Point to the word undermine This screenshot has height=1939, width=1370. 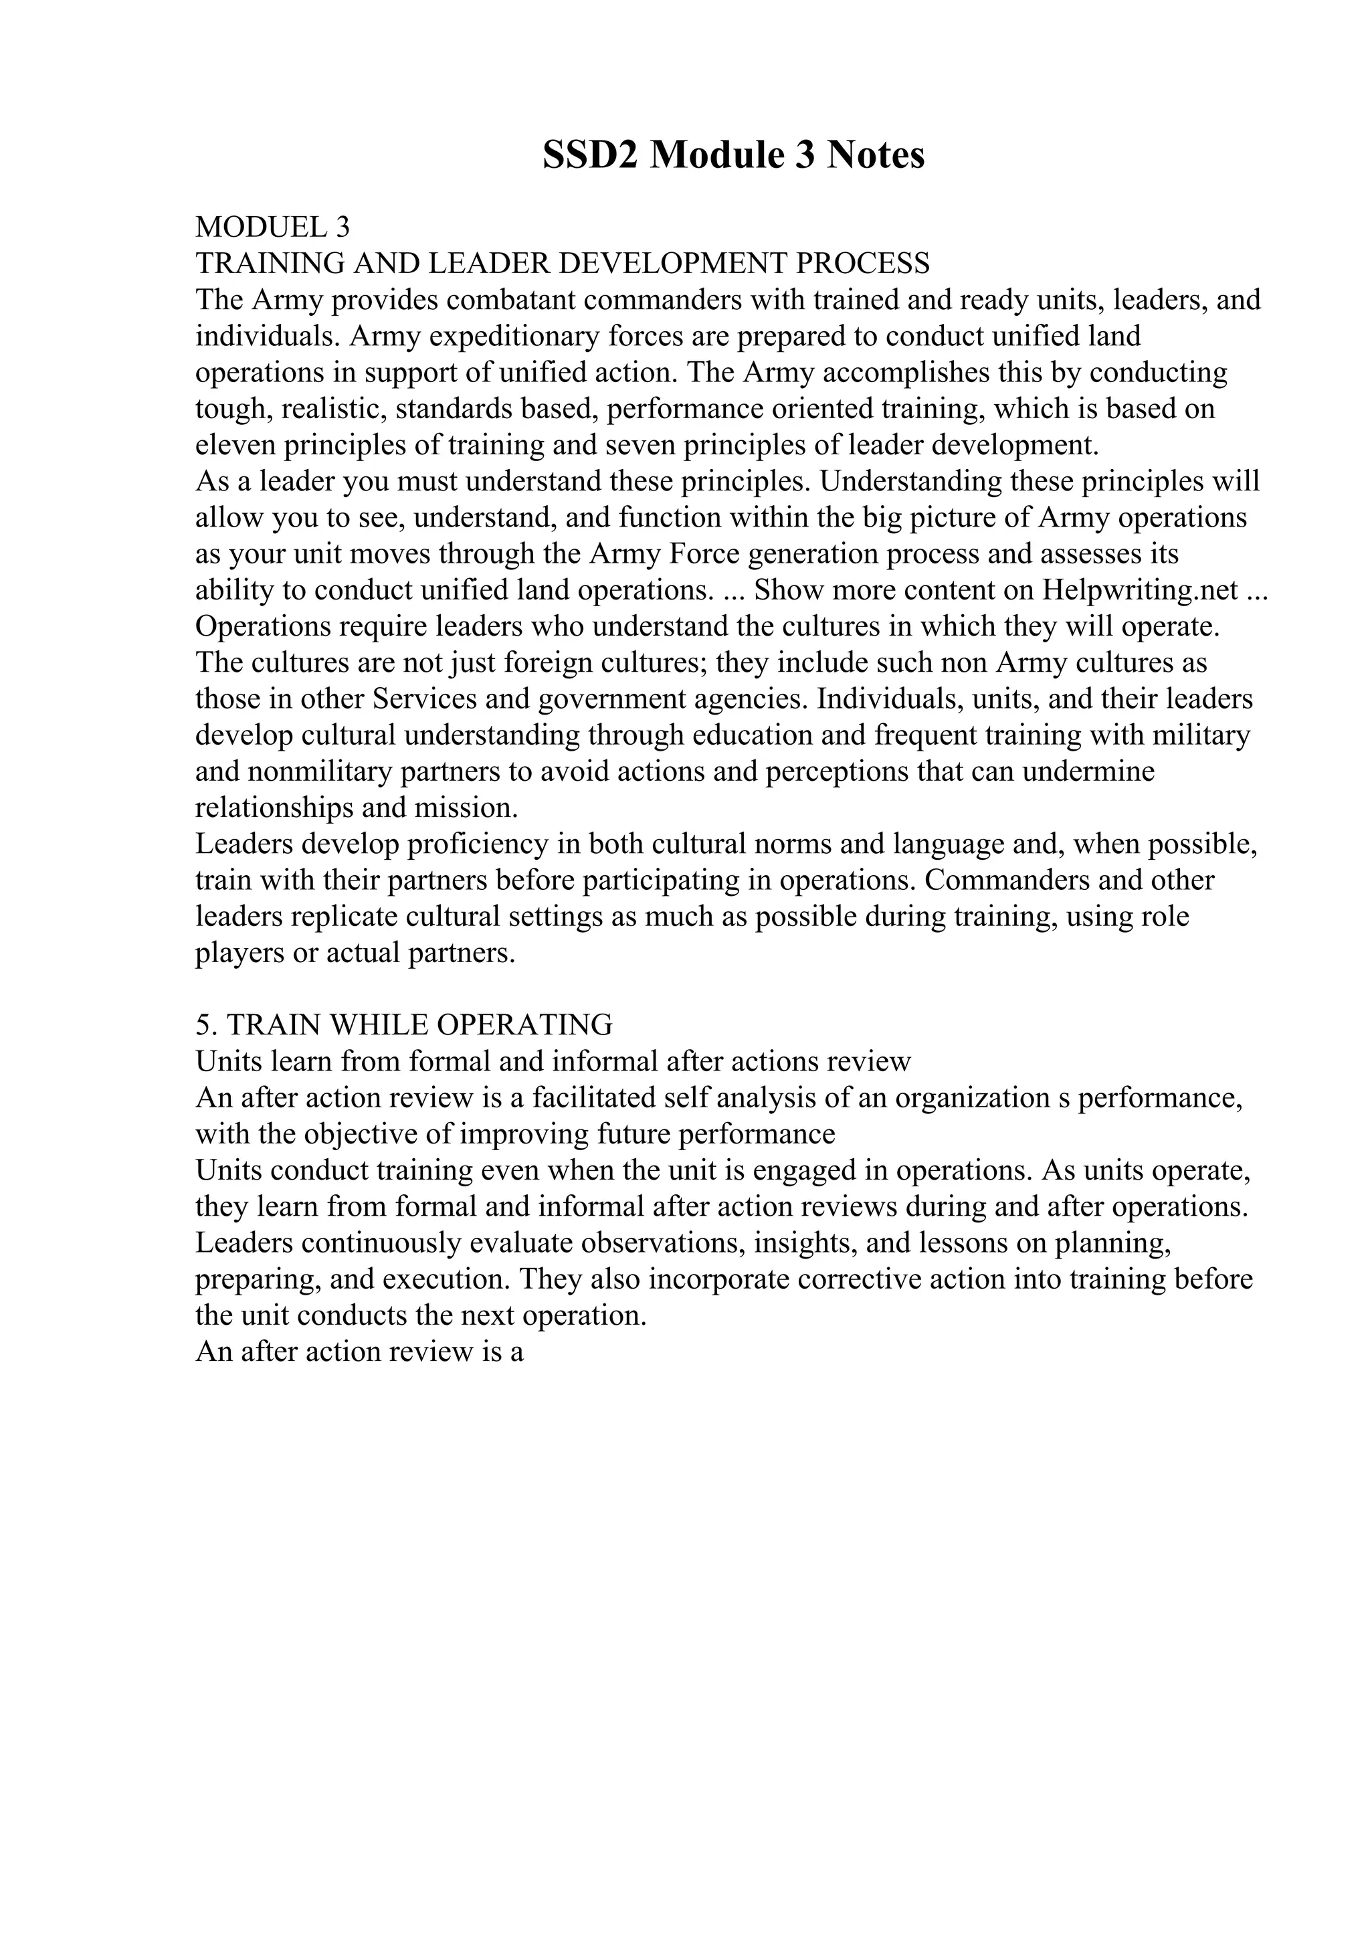[x=1088, y=772]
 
